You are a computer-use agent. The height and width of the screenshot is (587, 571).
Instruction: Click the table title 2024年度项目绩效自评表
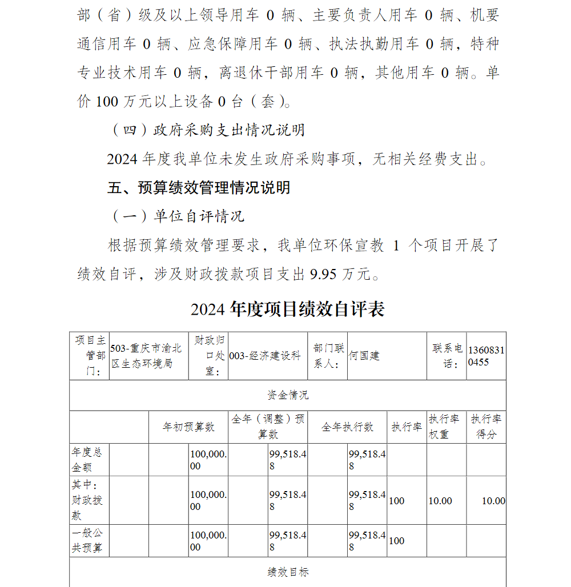[288, 309]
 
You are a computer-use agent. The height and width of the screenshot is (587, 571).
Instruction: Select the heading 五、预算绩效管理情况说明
[199, 188]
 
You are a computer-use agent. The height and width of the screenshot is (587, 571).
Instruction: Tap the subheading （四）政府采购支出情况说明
[206, 130]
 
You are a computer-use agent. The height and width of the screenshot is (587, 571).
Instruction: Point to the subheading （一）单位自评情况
[176, 216]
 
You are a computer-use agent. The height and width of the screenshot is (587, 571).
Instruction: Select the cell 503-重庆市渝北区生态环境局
[147, 356]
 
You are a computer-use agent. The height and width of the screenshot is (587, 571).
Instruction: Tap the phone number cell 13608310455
[486, 356]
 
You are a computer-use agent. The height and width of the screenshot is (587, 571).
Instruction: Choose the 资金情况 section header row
[288, 395]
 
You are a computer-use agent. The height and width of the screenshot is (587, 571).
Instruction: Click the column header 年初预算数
[188, 427]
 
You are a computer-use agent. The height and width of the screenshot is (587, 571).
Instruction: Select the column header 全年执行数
[347, 427]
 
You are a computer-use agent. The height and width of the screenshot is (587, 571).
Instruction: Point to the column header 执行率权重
[446, 427]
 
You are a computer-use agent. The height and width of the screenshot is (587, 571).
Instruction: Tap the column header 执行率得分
[486, 427]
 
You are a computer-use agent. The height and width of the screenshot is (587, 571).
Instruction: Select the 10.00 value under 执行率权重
[440, 501]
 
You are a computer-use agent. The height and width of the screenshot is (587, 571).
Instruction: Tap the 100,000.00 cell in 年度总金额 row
[208, 460]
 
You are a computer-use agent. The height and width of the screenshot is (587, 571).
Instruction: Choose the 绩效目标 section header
[288, 572]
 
